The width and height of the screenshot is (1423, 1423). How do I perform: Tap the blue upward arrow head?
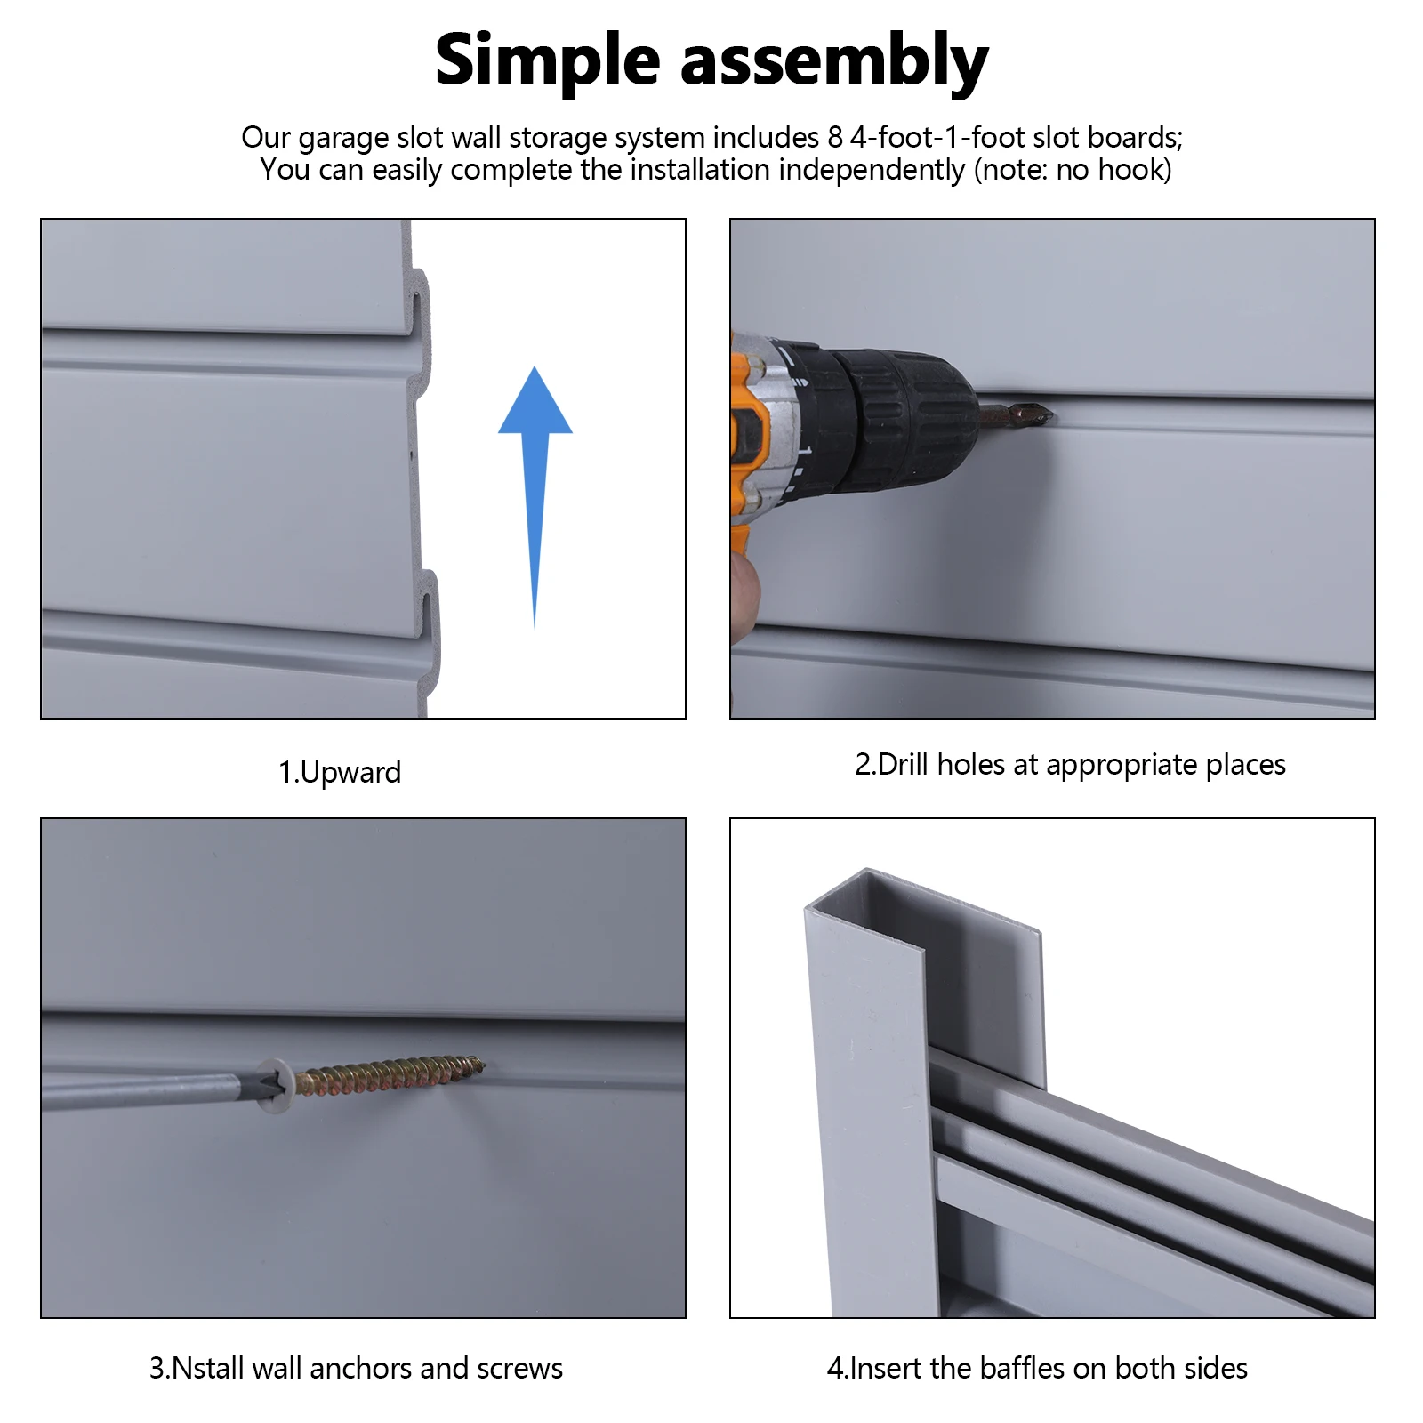pyautogui.click(x=535, y=405)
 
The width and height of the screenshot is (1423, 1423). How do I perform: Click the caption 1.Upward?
pyautogui.click(x=339, y=772)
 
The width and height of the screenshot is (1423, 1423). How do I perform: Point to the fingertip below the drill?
pyautogui.click(x=745, y=587)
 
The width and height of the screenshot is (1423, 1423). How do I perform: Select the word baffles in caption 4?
pyautogui.click(x=1023, y=1368)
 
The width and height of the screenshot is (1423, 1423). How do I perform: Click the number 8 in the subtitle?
pyautogui.click(x=834, y=137)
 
